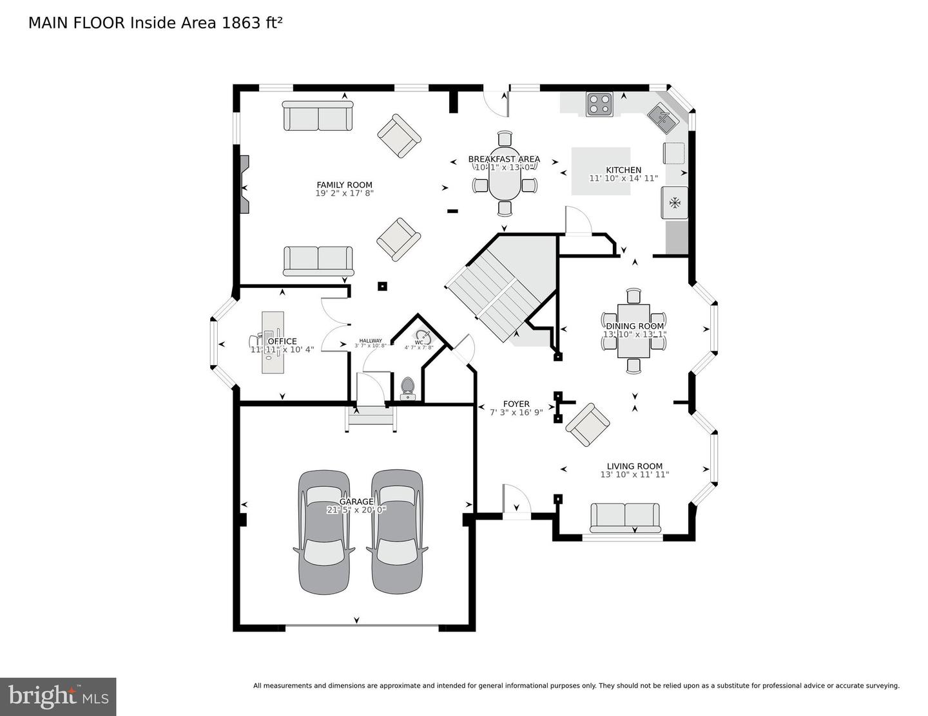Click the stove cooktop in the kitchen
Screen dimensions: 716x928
click(599, 104)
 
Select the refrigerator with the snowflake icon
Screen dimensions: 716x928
click(674, 203)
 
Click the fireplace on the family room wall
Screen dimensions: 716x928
click(244, 184)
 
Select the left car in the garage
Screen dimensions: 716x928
click(324, 531)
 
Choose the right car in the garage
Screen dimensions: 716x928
click(397, 531)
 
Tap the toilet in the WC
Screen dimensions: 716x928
click(407, 388)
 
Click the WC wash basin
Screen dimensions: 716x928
click(423, 336)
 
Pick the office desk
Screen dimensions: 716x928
click(273, 342)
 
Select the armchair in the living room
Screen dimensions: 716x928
click(588, 425)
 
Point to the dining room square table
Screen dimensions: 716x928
click(633, 331)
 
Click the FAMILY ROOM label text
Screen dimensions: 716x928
click(344, 185)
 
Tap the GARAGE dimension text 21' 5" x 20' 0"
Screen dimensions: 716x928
click(356, 510)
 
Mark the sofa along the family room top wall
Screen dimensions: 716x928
click(318, 116)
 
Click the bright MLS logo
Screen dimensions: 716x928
click(58, 697)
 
